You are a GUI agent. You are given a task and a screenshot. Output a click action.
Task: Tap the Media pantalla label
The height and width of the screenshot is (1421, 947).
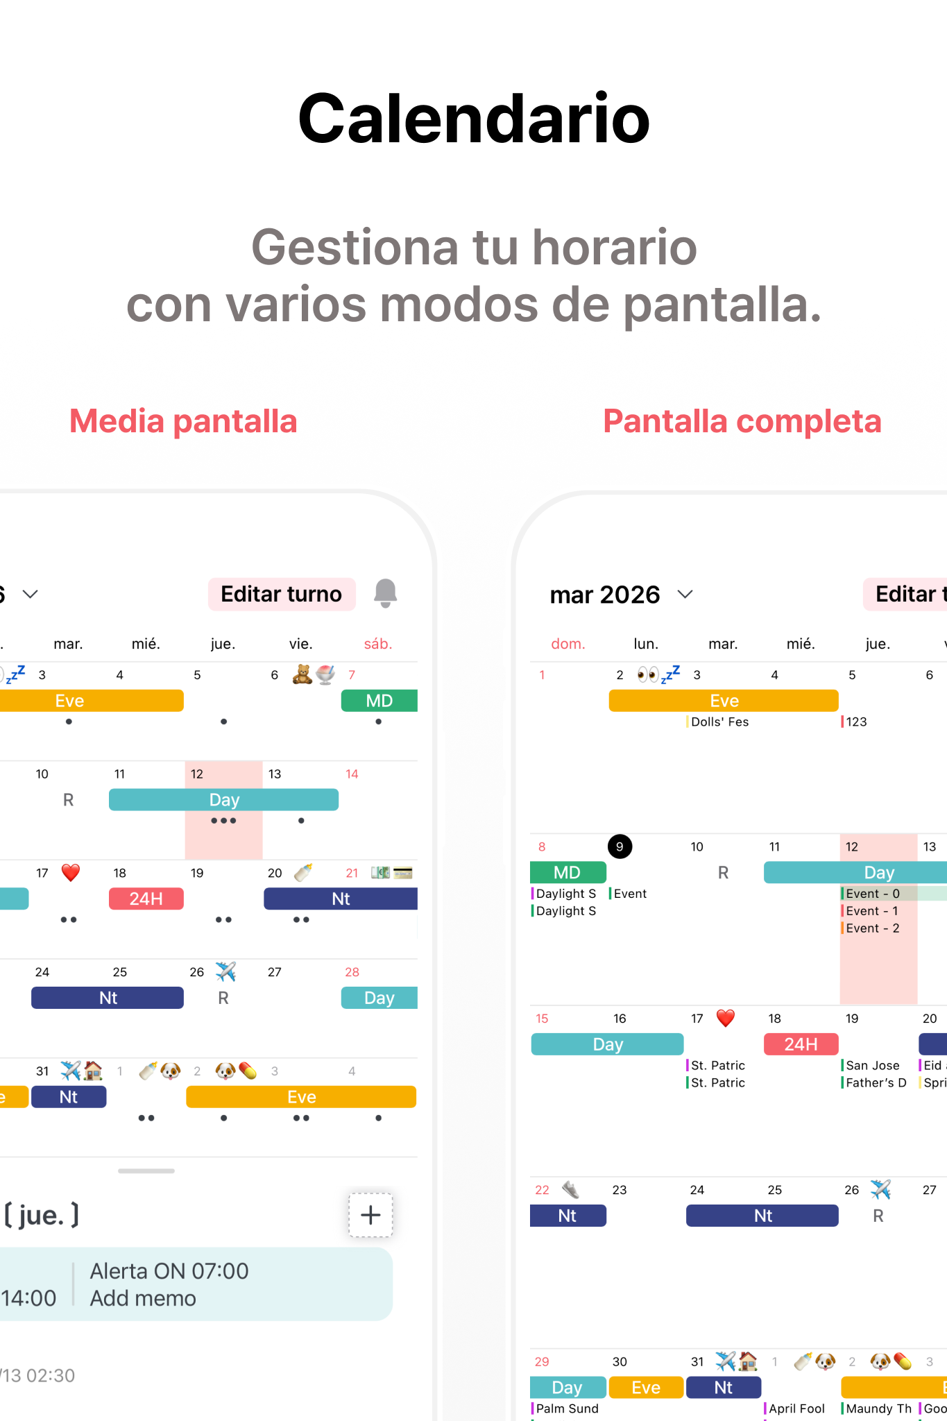coord(183,421)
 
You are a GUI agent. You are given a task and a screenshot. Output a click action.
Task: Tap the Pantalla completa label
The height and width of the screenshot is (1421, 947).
coord(742,421)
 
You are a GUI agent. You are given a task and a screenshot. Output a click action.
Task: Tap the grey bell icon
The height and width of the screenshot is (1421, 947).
coord(385,593)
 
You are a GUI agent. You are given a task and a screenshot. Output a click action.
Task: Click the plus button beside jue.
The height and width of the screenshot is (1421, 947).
coord(370,1215)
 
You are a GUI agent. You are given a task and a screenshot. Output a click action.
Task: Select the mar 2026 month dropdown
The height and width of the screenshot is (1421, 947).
coord(621,595)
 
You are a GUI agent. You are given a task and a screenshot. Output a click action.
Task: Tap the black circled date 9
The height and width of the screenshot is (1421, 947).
coord(620,846)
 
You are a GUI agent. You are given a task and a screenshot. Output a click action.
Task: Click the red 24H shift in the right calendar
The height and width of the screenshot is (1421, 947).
coord(801,1044)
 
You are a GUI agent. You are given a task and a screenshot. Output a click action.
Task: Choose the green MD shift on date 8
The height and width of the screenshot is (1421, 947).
coord(568,872)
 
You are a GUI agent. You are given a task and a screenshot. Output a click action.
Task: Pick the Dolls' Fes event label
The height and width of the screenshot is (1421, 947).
coord(719,722)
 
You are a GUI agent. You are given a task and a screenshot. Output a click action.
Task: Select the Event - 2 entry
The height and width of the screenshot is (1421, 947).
coord(872,928)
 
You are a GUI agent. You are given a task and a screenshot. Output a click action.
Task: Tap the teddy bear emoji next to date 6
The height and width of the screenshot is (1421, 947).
coord(302,674)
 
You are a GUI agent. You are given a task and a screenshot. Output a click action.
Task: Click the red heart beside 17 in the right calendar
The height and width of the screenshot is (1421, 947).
coord(726,1018)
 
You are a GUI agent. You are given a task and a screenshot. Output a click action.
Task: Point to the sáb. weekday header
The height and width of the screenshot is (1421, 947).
coord(378,644)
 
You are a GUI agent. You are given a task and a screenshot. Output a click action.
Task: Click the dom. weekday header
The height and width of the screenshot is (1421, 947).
coord(568,644)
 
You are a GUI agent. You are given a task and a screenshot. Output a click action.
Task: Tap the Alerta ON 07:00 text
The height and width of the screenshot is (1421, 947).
coord(169,1271)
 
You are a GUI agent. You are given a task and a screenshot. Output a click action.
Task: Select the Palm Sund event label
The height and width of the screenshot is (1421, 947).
coord(567,1409)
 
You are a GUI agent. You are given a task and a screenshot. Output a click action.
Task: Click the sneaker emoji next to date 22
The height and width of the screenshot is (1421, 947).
coord(570,1190)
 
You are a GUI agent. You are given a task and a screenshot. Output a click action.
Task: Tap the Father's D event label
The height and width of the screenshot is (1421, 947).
coord(876,1082)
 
